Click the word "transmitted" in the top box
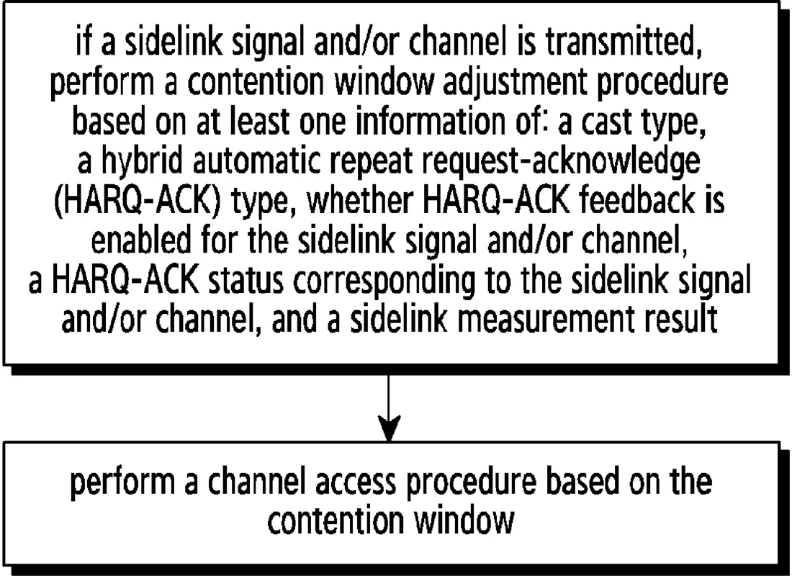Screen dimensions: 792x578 (624, 43)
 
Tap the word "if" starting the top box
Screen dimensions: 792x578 (84, 43)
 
